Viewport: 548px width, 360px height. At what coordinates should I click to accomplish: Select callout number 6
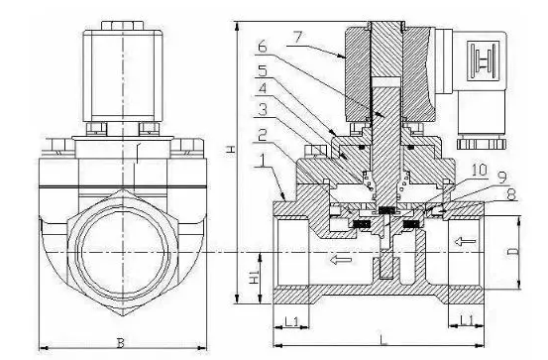coord(263,47)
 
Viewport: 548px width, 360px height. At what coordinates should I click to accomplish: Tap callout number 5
coord(263,70)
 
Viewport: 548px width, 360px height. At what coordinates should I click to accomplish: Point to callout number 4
coord(263,87)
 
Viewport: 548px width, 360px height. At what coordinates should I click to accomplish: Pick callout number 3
coord(263,109)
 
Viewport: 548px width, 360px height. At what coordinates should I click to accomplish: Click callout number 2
coord(263,135)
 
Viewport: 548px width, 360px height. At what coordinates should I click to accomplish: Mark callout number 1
coord(263,161)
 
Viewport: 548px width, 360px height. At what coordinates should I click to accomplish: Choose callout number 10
coord(480,171)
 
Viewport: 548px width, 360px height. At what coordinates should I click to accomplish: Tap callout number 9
coord(502,178)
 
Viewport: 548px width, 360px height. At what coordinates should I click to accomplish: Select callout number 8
coord(510,194)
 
